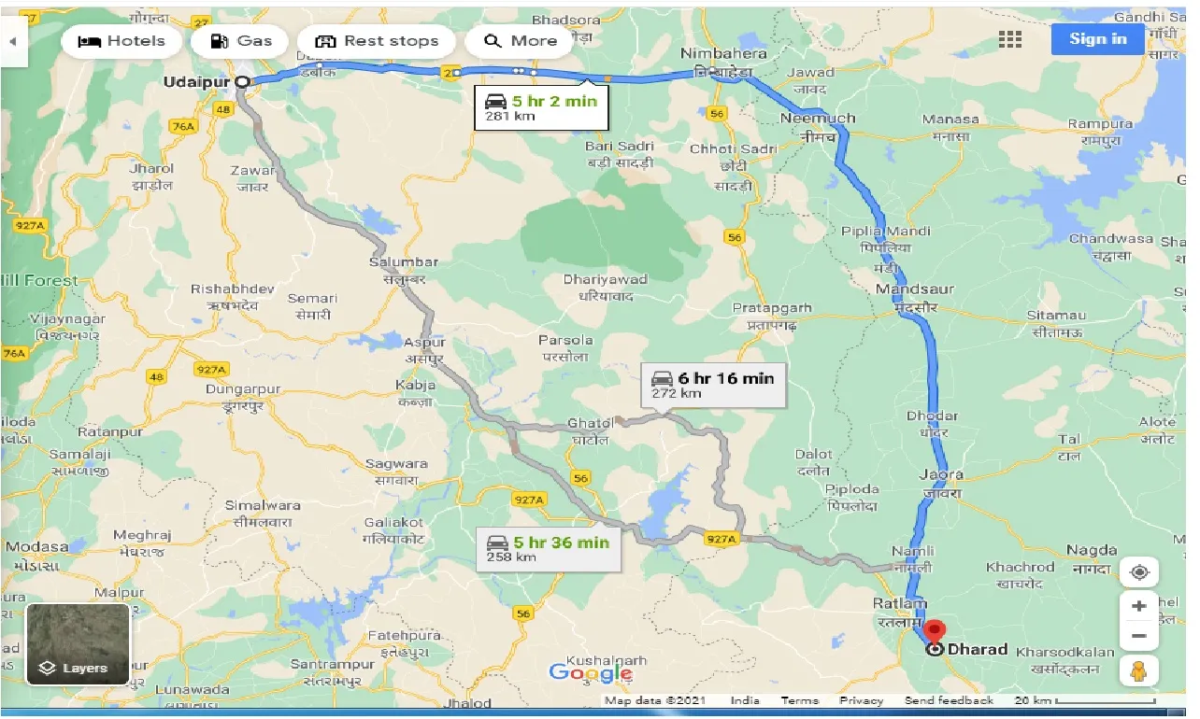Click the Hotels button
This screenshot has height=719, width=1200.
tap(121, 41)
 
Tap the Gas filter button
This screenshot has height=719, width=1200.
tap(241, 41)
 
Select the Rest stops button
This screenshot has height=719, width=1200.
tap(377, 41)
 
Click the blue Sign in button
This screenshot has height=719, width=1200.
tap(1097, 39)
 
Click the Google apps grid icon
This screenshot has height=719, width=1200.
tap(1009, 39)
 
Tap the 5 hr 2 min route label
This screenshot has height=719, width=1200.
tap(541, 108)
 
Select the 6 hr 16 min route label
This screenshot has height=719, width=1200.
tap(714, 385)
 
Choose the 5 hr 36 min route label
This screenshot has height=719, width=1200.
tap(549, 549)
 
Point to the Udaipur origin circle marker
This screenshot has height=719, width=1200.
tap(242, 82)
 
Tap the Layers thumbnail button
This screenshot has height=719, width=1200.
tap(78, 644)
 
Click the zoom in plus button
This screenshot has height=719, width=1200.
tap(1138, 606)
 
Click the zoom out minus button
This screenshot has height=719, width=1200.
tap(1138, 636)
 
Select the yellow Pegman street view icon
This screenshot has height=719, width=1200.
tap(1138, 670)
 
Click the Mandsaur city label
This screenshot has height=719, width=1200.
tap(914, 289)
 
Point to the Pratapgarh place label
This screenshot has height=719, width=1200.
tap(771, 308)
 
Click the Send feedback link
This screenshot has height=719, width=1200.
tap(949, 700)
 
